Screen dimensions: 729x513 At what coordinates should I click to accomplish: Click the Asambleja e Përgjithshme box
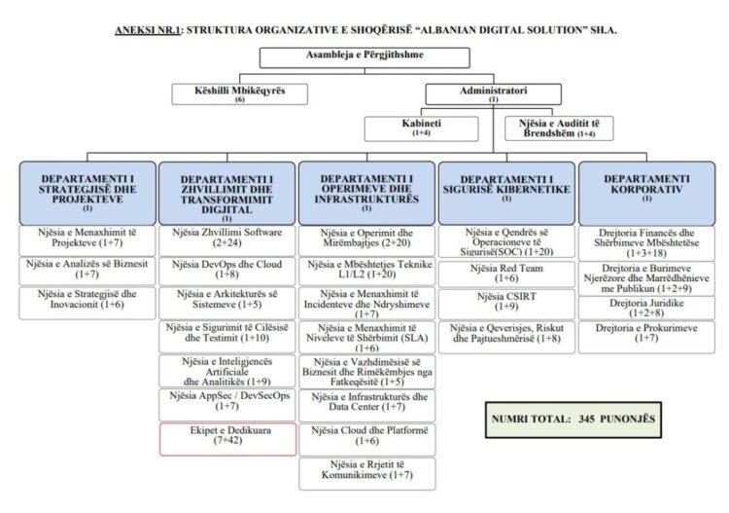364,57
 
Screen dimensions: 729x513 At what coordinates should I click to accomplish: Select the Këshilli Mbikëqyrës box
239,94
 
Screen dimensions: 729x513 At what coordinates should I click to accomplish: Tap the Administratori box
493,94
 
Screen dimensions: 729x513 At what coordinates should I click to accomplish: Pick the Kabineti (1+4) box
421,128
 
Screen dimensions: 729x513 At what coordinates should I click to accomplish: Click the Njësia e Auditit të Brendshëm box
559,128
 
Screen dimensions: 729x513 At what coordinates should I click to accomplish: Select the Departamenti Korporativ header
646,193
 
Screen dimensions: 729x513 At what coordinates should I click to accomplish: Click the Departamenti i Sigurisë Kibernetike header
506,193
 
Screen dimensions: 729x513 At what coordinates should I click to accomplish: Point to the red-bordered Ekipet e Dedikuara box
227,439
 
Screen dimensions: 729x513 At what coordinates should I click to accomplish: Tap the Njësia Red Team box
506,274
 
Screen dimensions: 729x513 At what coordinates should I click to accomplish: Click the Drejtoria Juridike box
646,308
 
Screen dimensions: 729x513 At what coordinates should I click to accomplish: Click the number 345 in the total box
586,419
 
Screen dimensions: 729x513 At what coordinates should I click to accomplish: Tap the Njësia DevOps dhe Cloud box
227,271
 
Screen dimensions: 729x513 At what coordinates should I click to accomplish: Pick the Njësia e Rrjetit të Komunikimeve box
367,474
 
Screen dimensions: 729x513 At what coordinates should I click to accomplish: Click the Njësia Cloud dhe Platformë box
367,439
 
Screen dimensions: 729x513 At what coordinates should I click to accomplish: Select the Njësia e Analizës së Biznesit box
87,271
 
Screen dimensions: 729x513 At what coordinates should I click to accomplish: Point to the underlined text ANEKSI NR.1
148,31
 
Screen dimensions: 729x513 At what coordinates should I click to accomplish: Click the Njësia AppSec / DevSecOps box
227,405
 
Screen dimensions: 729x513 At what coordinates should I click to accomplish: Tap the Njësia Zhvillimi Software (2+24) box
227,240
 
